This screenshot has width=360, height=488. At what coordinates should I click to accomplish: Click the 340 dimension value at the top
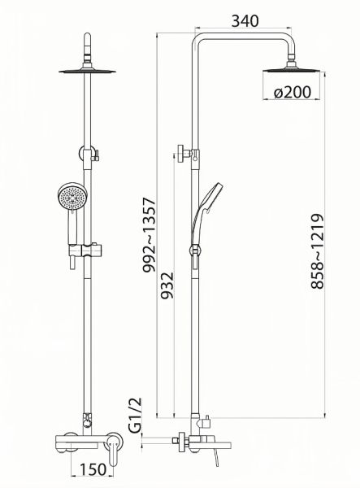tap(245, 21)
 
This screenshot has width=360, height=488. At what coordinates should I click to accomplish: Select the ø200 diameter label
tap(292, 92)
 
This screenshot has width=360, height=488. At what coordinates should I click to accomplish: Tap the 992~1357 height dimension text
tap(149, 235)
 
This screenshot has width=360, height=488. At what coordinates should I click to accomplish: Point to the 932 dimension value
tap(167, 285)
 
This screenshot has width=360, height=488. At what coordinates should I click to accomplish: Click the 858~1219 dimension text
tap(318, 251)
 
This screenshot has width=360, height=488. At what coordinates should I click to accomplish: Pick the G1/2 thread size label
tap(135, 415)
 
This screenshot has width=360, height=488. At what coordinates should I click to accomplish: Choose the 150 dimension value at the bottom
tap(93, 469)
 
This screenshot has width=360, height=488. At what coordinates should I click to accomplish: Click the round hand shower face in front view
tap(73, 198)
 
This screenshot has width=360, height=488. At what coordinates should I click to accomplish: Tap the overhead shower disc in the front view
tap(87, 72)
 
